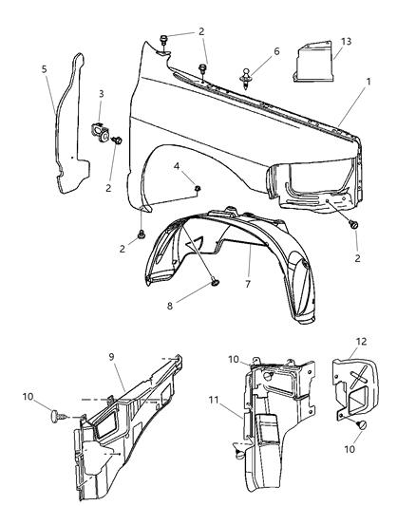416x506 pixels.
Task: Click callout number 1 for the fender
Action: [x=367, y=107]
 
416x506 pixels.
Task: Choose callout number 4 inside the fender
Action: [x=177, y=168]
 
